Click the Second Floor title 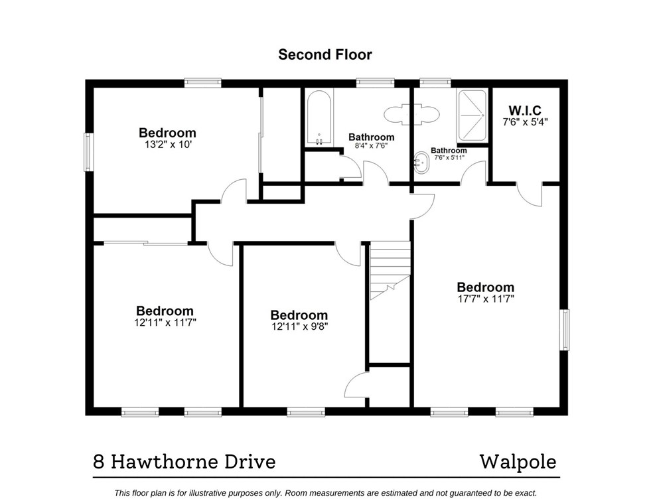[x=325, y=54]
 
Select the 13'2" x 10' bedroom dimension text [x=167, y=144]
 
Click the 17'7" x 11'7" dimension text [x=485, y=299]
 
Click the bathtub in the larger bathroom [x=319, y=118]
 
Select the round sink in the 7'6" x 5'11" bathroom [x=421, y=163]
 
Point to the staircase [x=390, y=269]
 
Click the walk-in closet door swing [x=531, y=194]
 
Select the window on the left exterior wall [x=88, y=152]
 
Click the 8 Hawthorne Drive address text [x=184, y=461]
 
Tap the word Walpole [x=518, y=461]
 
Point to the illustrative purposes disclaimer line [x=325, y=492]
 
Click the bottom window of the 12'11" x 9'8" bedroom [x=306, y=412]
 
